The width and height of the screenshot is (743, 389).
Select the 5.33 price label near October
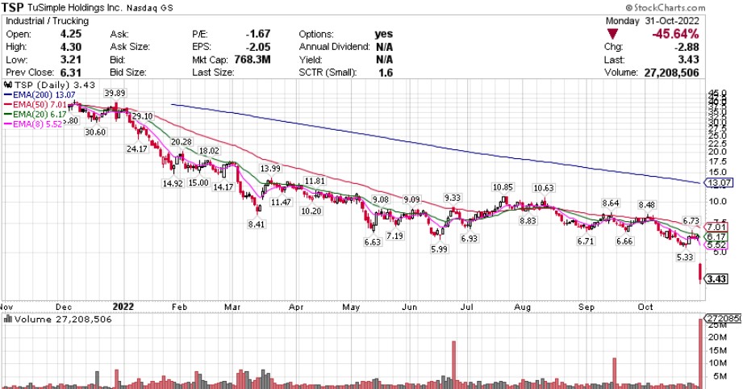[685, 257]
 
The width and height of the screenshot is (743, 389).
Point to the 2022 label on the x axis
[123, 307]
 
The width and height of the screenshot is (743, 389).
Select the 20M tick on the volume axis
[716, 337]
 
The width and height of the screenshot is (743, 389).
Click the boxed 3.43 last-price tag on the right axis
[718, 279]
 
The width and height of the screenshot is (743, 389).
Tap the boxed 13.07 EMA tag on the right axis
[718, 183]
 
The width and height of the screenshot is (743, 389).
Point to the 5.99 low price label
[438, 250]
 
